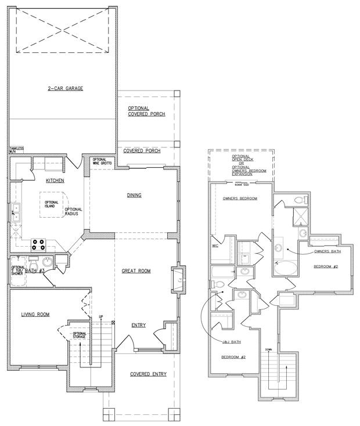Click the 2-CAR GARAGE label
click(66, 89)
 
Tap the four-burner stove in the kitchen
click(38, 244)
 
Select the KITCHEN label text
click(55, 181)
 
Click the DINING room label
click(134, 195)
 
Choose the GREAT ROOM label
click(136, 270)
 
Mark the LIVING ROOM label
click(35, 315)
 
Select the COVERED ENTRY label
click(148, 374)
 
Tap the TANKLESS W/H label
click(16, 150)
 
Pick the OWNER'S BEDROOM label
click(240, 198)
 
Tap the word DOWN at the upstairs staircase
click(268, 349)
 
